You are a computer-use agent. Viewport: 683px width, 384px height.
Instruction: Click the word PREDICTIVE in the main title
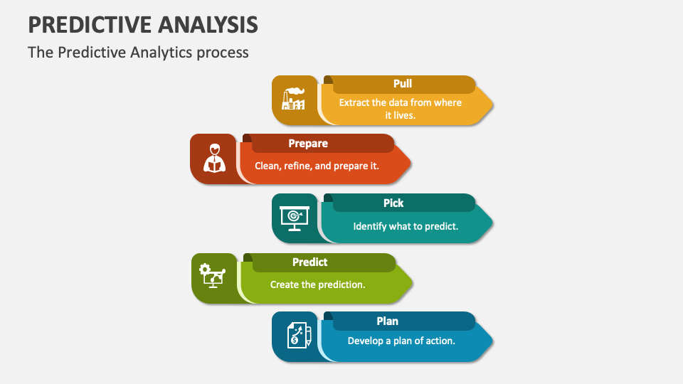pyautogui.click(x=90, y=24)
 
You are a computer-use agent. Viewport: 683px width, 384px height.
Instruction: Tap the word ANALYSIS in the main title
pyautogui.click(x=208, y=24)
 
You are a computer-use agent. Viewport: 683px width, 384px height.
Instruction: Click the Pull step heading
pyautogui.click(x=403, y=84)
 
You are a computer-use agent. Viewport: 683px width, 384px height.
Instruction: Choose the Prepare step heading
pyautogui.click(x=308, y=144)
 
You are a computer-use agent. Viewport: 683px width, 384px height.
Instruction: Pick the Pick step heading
pyautogui.click(x=393, y=203)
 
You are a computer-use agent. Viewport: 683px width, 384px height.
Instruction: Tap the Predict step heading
pyautogui.click(x=309, y=262)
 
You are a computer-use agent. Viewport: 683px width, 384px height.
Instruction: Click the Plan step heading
pyautogui.click(x=387, y=321)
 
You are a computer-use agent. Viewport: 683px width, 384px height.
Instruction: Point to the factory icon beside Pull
pyautogui.click(x=293, y=99)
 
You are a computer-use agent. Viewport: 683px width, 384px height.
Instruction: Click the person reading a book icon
pyautogui.click(x=214, y=158)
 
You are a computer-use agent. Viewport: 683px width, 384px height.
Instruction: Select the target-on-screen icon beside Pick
pyautogui.click(x=295, y=218)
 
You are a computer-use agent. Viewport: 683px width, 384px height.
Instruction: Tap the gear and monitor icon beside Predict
pyautogui.click(x=212, y=276)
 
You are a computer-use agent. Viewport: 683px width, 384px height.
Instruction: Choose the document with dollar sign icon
pyautogui.click(x=300, y=335)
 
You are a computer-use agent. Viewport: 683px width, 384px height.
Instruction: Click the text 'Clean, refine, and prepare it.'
pyautogui.click(x=317, y=166)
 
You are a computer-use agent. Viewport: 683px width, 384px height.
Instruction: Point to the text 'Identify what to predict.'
pyautogui.click(x=406, y=226)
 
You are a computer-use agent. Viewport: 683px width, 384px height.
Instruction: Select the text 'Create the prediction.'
pyautogui.click(x=317, y=284)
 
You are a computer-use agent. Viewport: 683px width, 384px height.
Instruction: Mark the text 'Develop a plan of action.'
pyautogui.click(x=401, y=341)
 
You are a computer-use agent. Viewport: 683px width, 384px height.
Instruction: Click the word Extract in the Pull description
pyautogui.click(x=354, y=102)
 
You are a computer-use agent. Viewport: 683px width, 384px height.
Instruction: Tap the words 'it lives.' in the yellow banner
pyautogui.click(x=401, y=115)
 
